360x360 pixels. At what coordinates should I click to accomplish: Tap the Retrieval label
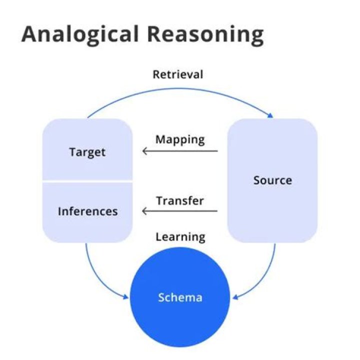coord(178,75)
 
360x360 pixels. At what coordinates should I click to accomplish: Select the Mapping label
coord(180,139)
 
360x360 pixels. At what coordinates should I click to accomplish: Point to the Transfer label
coord(180,201)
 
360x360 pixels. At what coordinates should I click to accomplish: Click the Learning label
coord(180,236)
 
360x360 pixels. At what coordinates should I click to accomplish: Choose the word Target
coord(87,152)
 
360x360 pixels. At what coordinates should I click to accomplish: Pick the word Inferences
coord(87,211)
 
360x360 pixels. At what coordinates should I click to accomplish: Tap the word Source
coord(272,180)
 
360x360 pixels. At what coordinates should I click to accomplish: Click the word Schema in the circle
coord(180,297)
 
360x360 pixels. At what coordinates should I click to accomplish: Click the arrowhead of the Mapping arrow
coord(144,151)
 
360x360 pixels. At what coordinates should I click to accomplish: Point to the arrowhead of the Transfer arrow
coord(144,211)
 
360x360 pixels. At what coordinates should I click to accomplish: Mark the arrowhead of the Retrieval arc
coord(271,116)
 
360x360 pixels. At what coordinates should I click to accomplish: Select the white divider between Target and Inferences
coord(87,181)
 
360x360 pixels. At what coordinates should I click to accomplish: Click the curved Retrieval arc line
coord(180,89)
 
